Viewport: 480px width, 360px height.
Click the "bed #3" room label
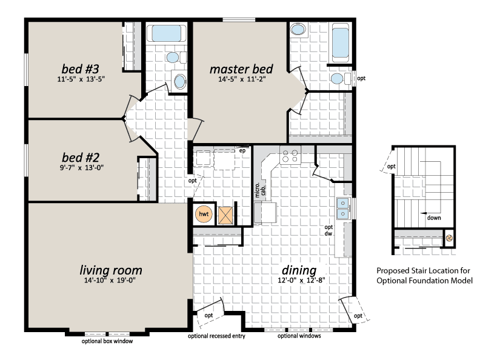(80, 69)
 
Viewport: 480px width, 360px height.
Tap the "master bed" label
(241, 69)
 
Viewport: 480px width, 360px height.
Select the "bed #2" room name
(81, 158)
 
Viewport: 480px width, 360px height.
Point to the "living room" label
(111, 270)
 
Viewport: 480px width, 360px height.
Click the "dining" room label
(299, 270)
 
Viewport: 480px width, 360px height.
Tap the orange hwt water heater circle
(204, 214)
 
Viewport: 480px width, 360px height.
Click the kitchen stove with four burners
(290, 155)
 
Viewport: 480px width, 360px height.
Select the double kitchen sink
(342, 208)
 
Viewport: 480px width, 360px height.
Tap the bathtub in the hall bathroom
(166, 33)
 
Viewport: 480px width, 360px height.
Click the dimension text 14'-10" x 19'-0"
(110, 280)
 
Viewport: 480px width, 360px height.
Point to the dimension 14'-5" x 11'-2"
(242, 79)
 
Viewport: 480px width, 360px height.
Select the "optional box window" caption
(107, 341)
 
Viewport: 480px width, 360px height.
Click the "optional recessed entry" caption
(216, 336)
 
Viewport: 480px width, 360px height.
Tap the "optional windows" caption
(299, 336)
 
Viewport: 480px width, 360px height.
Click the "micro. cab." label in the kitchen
(260, 190)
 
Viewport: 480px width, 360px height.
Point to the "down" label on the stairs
(434, 218)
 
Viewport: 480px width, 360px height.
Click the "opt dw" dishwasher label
(328, 230)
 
